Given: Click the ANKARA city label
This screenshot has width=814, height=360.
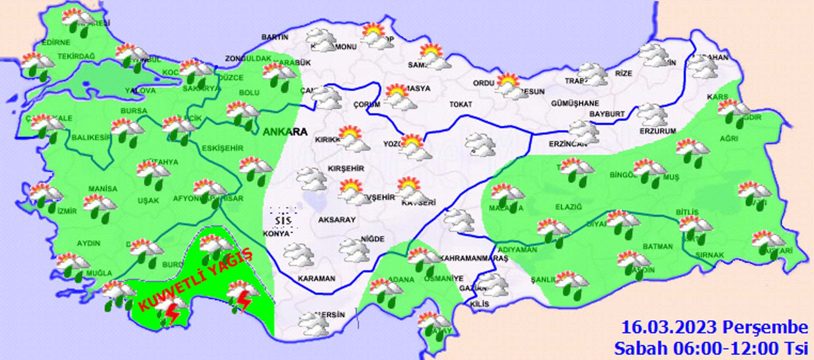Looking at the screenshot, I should tap(285, 132).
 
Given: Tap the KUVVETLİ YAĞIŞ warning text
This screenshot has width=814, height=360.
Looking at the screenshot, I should tap(196, 281).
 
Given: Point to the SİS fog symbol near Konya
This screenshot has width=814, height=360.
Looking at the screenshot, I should tap(283, 220).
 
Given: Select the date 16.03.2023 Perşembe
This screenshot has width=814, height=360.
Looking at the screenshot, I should tap(714, 327).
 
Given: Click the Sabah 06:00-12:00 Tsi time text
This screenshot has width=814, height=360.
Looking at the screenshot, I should tap(711, 348).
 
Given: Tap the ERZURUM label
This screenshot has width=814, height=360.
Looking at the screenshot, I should tap(658, 131).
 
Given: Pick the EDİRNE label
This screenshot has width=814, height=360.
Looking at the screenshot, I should tap(56, 42).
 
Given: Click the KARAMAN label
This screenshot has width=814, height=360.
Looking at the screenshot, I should tap(316, 279).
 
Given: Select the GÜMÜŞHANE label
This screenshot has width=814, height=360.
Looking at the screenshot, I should tap(575, 103).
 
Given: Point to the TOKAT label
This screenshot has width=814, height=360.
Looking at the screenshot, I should tap(461, 104).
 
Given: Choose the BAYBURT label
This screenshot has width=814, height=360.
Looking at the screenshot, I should tap(607, 114).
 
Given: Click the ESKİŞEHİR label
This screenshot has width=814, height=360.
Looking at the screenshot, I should tap(222, 148).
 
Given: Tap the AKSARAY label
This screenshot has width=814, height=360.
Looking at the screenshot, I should tap(337, 220).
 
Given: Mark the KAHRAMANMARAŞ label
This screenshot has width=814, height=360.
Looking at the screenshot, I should tap(474, 258).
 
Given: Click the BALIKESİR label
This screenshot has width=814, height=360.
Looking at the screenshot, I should tap(91, 137).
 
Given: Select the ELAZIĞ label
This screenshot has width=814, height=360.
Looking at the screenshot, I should tap(569, 207).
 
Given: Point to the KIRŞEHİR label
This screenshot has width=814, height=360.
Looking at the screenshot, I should tap(346, 168).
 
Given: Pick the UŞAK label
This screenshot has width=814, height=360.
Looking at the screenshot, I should tap(148, 200).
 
